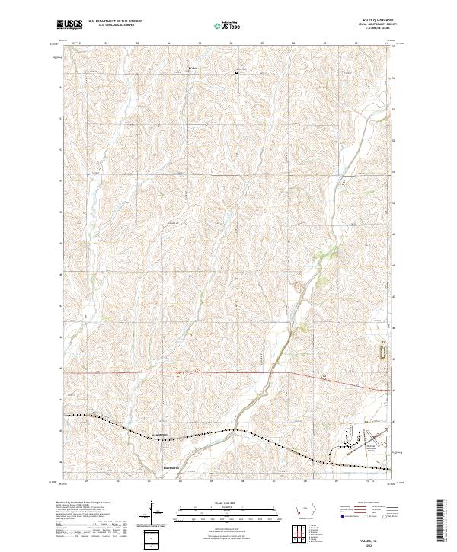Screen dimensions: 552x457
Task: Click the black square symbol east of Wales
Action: coord(236,73)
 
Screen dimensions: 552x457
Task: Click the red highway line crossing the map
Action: coord(228,373)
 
